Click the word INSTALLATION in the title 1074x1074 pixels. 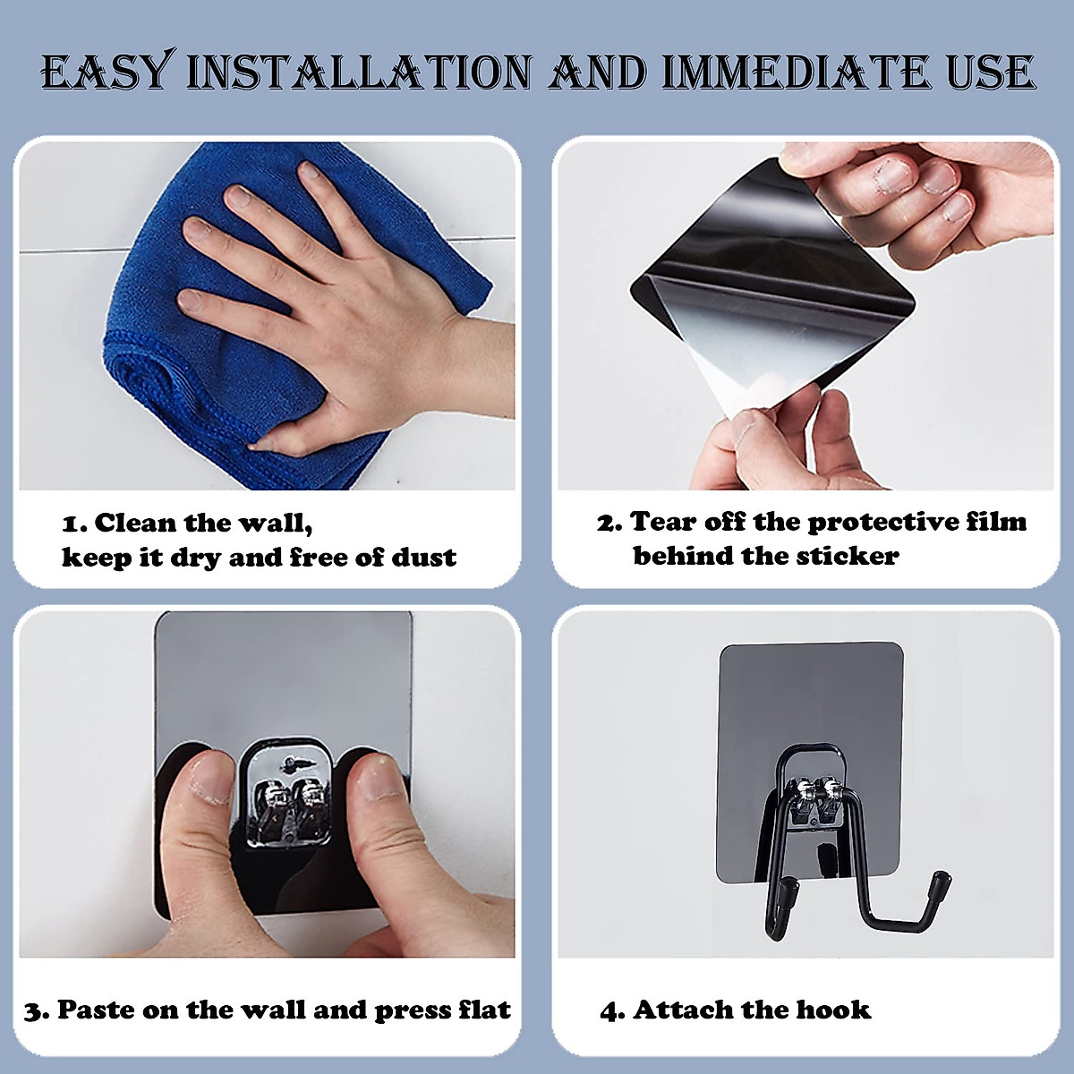[x=358, y=72]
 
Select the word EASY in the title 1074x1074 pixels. [x=106, y=72]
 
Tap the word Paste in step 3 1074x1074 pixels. [x=97, y=1010]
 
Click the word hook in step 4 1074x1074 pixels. [x=833, y=1010]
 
